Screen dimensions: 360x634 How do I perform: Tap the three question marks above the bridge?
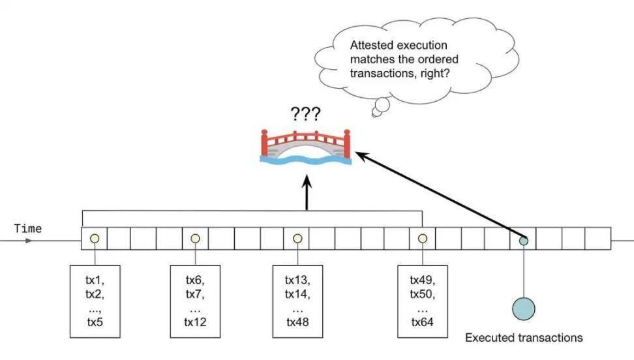pos(305,115)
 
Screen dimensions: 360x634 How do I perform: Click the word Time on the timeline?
pos(27,228)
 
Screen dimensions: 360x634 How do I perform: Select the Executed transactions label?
pos(524,338)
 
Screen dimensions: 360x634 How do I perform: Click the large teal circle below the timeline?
pos(523,308)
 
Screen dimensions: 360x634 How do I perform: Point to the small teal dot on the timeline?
pos(523,239)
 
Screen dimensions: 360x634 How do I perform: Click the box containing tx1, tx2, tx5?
pos(95,301)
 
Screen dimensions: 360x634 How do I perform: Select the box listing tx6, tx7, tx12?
pos(195,301)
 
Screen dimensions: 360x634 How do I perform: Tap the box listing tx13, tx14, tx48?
pos(297,301)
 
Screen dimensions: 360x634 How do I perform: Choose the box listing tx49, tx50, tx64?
pos(422,301)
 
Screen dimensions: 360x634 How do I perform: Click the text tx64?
pos(422,322)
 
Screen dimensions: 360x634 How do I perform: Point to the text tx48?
pos(297,322)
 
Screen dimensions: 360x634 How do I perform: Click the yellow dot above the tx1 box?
pos(95,239)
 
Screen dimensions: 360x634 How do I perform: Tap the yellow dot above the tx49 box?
pos(422,239)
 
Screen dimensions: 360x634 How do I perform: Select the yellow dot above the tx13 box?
pos(297,239)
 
